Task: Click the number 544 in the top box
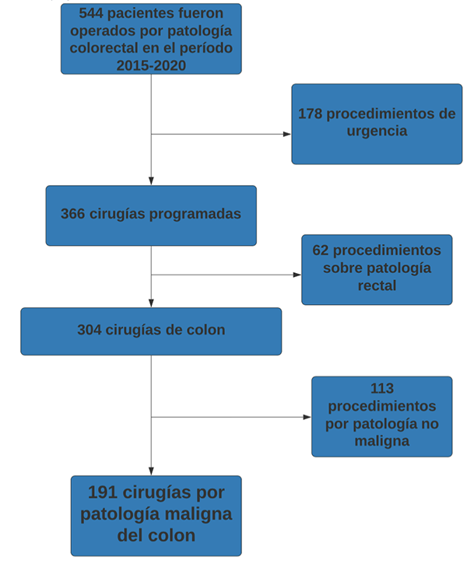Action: [91, 13]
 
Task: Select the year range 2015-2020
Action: [151, 65]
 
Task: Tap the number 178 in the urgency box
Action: [310, 114]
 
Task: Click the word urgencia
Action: [377, 131]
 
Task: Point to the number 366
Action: [72, 214]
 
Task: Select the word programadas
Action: [195, 215]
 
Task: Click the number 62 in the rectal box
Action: [321, 250]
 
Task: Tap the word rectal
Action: [377, 286]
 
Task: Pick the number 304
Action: [90, 330]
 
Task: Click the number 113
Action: [382, 388]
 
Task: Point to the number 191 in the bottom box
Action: [103, 492]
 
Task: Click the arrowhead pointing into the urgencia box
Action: [287, 134]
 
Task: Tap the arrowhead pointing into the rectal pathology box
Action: [297, 275]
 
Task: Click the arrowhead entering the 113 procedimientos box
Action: [307, 417]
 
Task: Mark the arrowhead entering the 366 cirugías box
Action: [151, 181]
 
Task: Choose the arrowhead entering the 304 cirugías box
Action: [151, 303]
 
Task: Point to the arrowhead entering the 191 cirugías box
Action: [151, 471]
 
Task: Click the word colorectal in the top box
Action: [104, 47]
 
